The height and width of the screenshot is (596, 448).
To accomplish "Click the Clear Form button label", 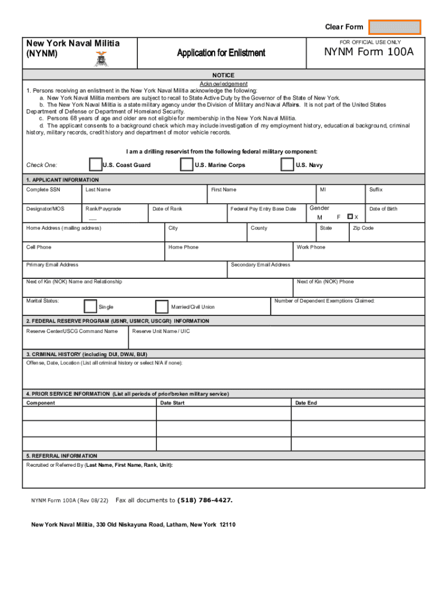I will tap(344, 27).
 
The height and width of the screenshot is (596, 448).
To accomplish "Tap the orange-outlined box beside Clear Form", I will tap(395, 27).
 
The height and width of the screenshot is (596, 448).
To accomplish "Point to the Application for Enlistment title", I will tap(221, 53).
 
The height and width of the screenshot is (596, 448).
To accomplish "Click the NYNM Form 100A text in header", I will tap(369, 53).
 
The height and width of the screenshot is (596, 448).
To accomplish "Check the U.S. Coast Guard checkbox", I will tap(95, 165).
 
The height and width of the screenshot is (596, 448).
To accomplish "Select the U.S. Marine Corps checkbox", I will tap(186, 165).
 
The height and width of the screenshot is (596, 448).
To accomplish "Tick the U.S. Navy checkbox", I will tap(287, 165).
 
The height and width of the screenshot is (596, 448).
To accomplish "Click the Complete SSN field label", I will tap(43, 190).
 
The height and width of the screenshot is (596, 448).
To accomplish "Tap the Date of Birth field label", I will tap(383, 209).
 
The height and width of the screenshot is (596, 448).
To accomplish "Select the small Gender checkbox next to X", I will tap(350, 217).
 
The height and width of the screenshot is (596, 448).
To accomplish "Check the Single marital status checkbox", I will tap(91, 306).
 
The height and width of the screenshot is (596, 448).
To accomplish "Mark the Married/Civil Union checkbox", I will tap(162, 306).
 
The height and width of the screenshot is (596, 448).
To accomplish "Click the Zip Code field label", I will tap(363, 228).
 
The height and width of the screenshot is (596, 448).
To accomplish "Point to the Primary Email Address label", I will tap(52, 265).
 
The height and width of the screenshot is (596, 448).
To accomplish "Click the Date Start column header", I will tap(172, 403).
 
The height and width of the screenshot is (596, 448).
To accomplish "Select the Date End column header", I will tap(306, 403).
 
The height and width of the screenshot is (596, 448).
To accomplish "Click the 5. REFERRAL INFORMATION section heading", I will tap(62, 456).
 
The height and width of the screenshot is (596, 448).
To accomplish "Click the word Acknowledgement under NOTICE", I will tap(223, 84).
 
